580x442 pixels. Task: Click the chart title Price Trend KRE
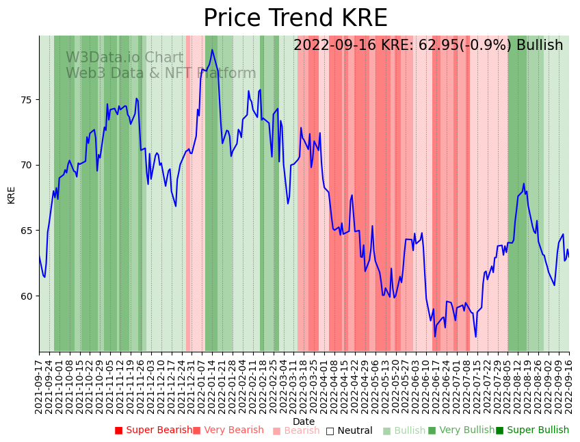click(295, 18)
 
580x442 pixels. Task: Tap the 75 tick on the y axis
click(27, 100)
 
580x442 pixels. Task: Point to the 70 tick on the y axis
click(27, 165)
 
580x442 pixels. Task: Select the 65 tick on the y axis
click(27, 231)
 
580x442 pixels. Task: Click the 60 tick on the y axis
click(27, 296)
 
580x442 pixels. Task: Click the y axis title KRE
click(11, 194)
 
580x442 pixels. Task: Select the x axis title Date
click(304, 421)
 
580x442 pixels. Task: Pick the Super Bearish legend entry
click(153, 430)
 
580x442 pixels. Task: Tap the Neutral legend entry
click(350, 430)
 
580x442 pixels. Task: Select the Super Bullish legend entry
click(533, 430)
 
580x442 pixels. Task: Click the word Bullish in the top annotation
click(540, 46)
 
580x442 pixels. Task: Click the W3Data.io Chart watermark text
click(124, 58)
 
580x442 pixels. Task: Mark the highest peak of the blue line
click(212, 50)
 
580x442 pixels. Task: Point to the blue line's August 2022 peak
click(524, 183)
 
